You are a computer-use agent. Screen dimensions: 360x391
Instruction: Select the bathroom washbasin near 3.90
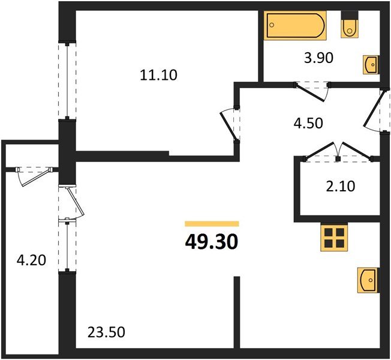[371, 64]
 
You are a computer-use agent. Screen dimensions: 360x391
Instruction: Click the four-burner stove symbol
[334, 238]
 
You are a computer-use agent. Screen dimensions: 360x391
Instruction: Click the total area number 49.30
[212, 242]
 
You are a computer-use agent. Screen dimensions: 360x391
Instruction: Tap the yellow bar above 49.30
[212, 223]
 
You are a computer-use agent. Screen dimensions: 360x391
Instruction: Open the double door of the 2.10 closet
[338, 152]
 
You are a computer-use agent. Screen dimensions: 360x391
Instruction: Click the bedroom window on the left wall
[67, 80]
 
